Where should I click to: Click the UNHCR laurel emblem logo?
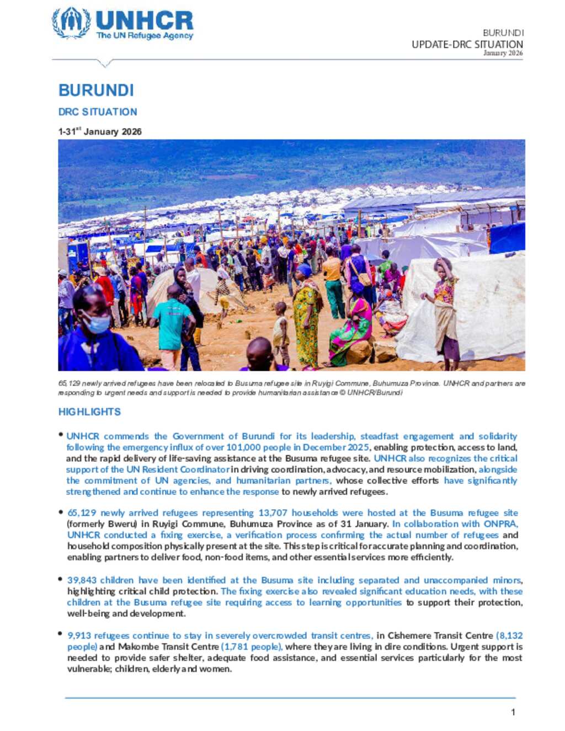coord(71,23)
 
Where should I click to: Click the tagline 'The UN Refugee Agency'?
coord(145,36)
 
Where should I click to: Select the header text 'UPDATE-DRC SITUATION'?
coord(467,44)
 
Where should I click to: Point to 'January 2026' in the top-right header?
coord(503,54)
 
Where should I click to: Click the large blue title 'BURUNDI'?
coord(96,90)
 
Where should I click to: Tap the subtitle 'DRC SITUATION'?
coord(98,112)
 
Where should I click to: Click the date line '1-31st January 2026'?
coord(100,132)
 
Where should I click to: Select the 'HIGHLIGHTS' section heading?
coord(89,412)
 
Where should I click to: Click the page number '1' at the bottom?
coord(513,712)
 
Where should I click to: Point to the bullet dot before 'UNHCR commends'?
coord(61,435)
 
